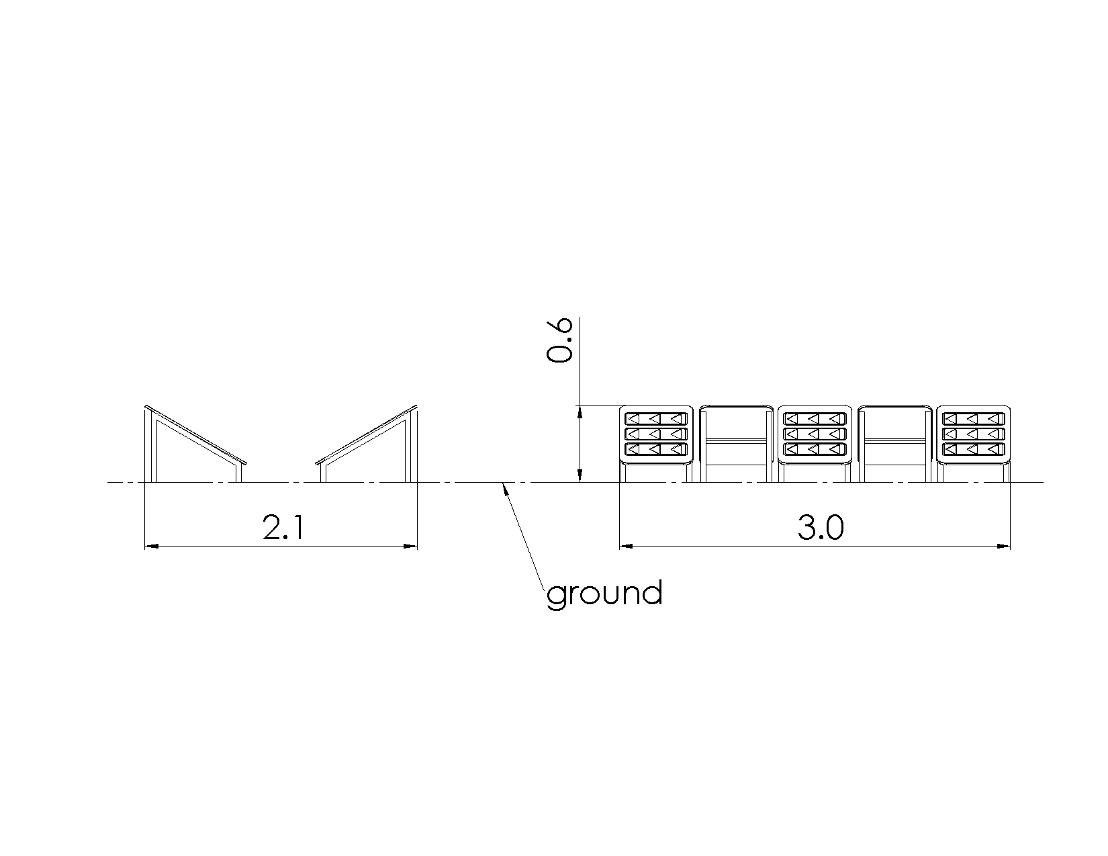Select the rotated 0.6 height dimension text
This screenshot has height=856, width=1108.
[x=559, y=340]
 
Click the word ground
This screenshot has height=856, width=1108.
[x=604, y=593]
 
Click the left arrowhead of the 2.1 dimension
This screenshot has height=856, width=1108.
[x=152, y=546]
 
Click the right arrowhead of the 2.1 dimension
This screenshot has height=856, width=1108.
[x=411, y=546]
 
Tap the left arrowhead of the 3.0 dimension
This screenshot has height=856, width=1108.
[x=626, y=546]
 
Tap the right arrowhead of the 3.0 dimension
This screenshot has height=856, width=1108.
[x=1003, y=546]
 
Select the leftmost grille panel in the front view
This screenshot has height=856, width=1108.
[x=656, y=435]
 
